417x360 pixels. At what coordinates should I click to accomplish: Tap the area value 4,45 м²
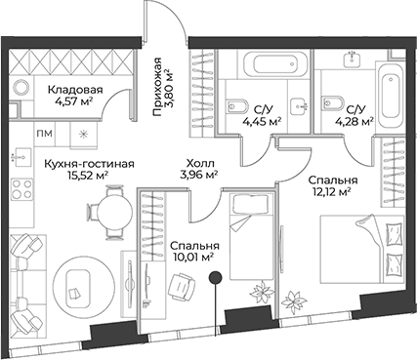(x=262, y=122)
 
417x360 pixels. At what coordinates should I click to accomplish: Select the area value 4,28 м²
(x=354, y=122)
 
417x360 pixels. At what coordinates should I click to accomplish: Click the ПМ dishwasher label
(x=46, y=134)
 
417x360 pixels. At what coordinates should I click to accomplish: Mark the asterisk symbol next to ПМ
(x=82, y=134)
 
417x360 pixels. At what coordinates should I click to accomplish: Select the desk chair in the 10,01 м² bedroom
(x=179, y=284)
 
